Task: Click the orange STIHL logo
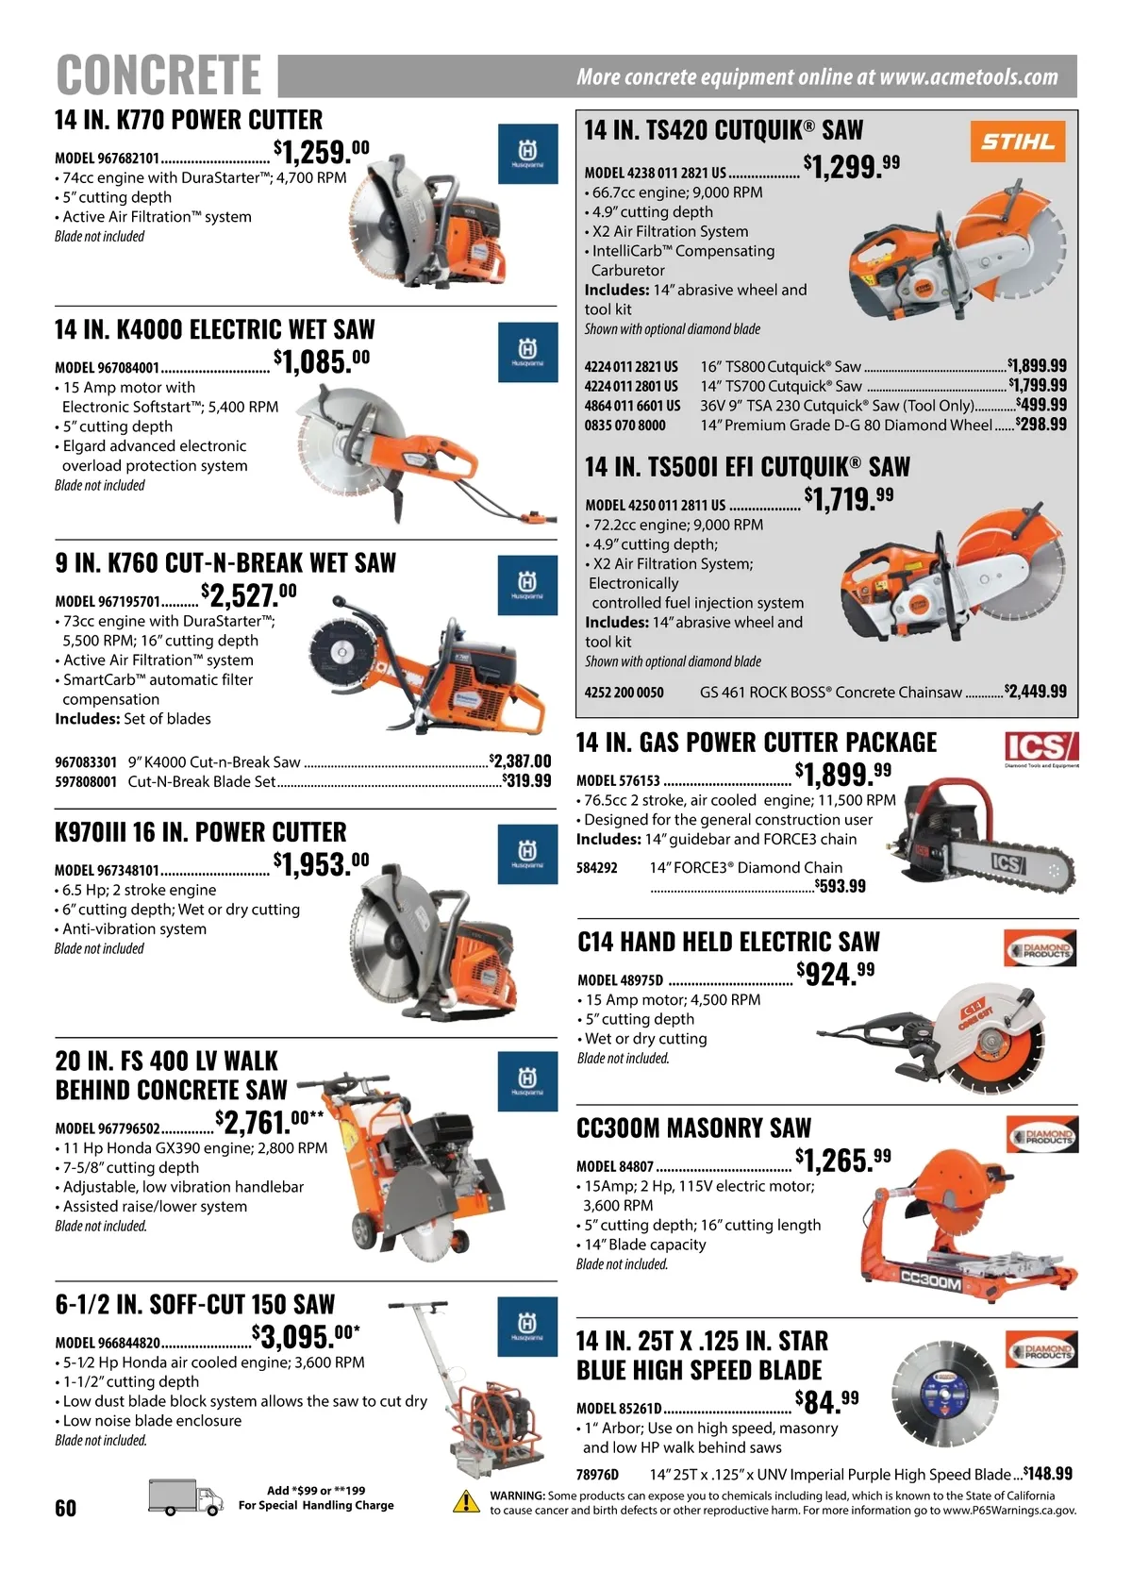tap(1018, 142)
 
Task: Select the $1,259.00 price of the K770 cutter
tap(322, 152)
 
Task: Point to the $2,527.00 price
tap(248, 594)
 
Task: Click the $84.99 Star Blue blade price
tap(827, 1403)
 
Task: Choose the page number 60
tap(66, 1508)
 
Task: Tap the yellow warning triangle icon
tap(466, 1502)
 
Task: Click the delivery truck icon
tap(186, 1498)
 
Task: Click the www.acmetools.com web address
tap(969, 76)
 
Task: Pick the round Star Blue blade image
tap(944, 1395)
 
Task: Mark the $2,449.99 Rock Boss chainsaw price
tap(1035, 692)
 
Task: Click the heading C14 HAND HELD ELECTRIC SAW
tap(728, 942)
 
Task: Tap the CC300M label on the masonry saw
tap(931, 1283)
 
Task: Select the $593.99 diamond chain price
tap(840, 886)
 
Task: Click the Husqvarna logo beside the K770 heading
tap(527, 154)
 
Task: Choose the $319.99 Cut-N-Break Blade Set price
tap(526, 780)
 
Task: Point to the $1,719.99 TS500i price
tap(849, 498)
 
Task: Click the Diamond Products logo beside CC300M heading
tap(1041, 1135)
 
